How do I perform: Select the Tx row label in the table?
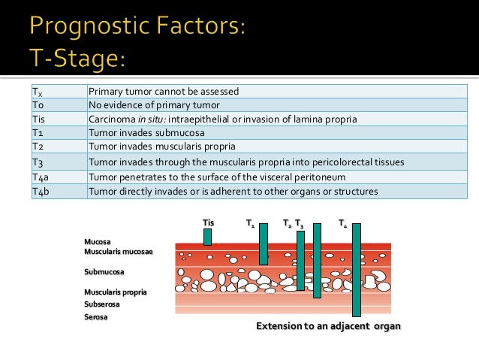click(x=37, y=92)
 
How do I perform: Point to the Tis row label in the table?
click(x=38, y=119)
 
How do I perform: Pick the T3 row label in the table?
click(x=38, y=162)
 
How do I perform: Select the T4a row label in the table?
click(x=41, y=177)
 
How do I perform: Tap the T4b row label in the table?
click(x=41, y=191)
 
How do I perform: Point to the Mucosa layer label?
click(x=98, y=241)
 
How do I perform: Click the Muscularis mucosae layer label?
click(x=119, y=251)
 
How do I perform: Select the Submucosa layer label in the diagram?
click(x=104, y=271)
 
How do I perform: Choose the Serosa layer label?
click(x=96, y=317)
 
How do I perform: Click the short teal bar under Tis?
click(x=208, y=237)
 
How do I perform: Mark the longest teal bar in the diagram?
click(x=356, y=270)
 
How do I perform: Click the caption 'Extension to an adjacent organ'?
click(x=328, y=326)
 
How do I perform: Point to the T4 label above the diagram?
click(x=342, y=223)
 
